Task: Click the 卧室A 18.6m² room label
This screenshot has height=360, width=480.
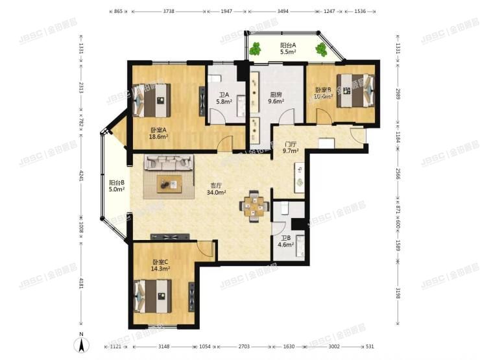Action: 159,133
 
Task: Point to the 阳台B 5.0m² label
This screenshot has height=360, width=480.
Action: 117,186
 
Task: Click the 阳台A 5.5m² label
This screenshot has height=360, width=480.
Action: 288,49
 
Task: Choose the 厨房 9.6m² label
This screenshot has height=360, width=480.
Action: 276,98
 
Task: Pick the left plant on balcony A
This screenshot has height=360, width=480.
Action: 256,48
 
